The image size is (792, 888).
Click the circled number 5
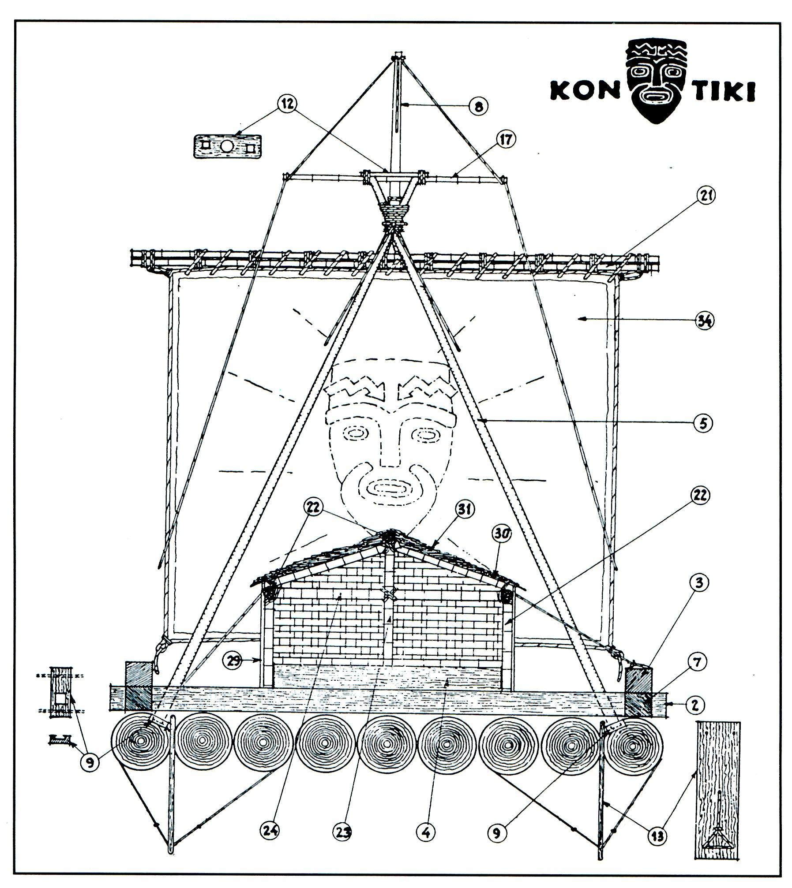(x=702, y=423)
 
